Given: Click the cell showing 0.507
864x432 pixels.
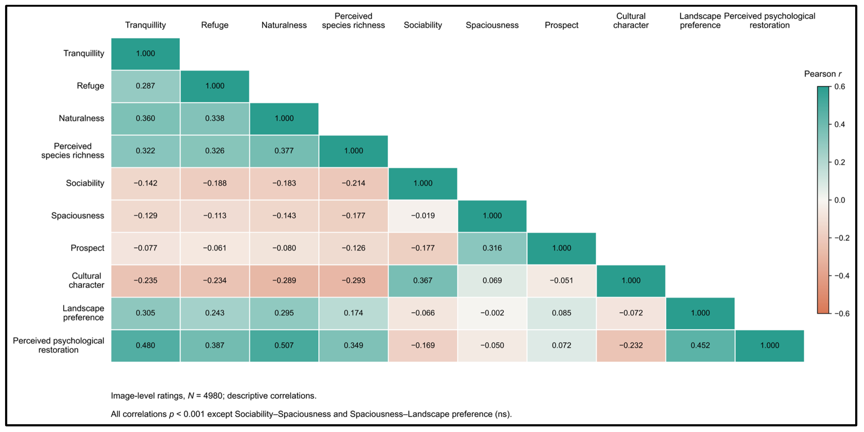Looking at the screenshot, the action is coord(284,346).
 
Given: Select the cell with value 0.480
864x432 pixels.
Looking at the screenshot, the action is coord(146,346).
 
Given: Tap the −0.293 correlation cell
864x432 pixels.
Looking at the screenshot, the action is coord(354,281).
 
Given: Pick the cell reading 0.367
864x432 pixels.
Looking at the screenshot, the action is coord(423,281).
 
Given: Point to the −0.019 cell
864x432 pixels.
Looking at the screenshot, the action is coord(423,216).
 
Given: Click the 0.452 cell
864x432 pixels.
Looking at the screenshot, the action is coord(700,346).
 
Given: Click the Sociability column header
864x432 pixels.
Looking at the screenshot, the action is coord(423,25).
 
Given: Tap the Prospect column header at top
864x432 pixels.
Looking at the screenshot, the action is coord(561,25).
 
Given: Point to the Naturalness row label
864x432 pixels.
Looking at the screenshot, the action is coord(82,118).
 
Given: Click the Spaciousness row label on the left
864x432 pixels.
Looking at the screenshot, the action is coord(78,216).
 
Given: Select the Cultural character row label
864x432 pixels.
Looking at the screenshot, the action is coord(87,281).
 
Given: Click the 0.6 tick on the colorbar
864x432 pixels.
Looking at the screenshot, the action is coord(839,87).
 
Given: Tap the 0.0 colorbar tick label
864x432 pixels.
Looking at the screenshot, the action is coord(839,200).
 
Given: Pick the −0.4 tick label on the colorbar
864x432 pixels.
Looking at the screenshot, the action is coord(842,276).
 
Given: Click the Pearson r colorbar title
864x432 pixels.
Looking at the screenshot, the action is coord(823,74).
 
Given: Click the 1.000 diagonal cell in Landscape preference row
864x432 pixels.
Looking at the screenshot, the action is coord(700,313).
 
